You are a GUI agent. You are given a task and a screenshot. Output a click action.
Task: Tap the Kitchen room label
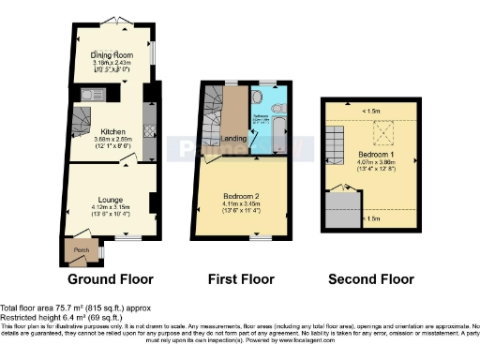coord(113,131)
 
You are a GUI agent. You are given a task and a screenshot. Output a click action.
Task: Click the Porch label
coord(81,250)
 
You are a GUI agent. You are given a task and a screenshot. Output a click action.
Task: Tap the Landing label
coord(233,141)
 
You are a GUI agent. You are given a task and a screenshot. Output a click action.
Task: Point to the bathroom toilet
coord(258,97)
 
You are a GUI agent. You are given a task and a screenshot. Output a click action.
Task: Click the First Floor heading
coord(241,279)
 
